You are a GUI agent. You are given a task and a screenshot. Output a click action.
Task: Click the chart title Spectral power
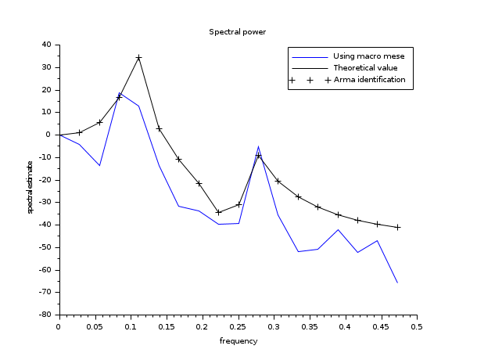pyautogui.click(x=238, y=32)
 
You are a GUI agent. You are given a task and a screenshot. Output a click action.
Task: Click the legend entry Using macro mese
pyautogui.click(x=368, y=56)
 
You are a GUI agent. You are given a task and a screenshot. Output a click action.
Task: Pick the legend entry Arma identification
pyautogui.click(x=369, y=80)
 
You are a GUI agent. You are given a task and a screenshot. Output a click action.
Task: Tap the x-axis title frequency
pyautogui.click(x=238, y=342)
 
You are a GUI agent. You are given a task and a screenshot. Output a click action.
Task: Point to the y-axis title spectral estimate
pyautogui.click(x=30, y=187)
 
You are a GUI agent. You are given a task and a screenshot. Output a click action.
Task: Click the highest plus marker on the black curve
pyautogui.click(x=138, y=58)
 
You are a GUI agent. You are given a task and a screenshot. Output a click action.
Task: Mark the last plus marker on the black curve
pyautogui.click(x=397, y=227)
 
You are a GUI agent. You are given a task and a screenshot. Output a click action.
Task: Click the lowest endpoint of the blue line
pyautogui.click(x=397, y=283)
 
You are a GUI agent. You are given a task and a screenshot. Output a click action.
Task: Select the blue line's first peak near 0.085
pyautogui.click(x=120, y=93)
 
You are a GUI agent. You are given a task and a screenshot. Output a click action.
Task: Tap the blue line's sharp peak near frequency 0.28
pyautogui.click(x=258, y=146)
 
